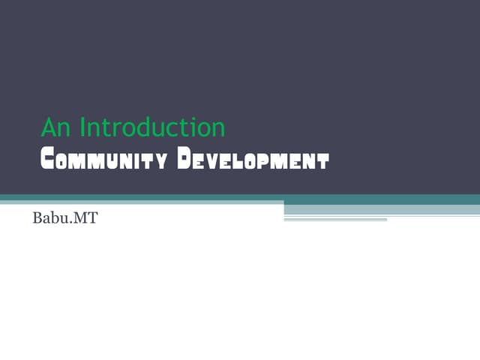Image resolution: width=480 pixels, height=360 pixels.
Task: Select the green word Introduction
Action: tap(152, 127)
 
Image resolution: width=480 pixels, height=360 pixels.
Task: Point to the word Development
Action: tap(253, 160)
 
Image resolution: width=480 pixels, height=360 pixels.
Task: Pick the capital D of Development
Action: tap(186, 160)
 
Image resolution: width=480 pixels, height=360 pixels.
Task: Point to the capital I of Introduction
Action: tap(82, 127)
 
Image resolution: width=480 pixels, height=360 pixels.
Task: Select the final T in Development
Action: tap(322, 160)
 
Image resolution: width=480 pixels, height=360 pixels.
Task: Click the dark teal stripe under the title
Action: tap(240, 198)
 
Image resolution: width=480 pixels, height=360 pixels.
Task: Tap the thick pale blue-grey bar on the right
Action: tap(382, 209)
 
